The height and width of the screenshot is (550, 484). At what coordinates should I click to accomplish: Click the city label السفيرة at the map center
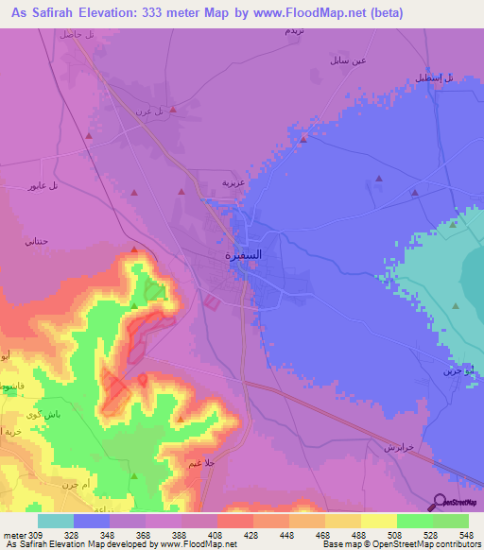243,254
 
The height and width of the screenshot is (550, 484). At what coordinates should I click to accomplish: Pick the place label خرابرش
396,445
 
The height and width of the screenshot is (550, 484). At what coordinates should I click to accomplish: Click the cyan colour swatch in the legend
56,521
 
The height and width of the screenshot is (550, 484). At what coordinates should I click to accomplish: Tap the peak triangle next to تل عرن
173,110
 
